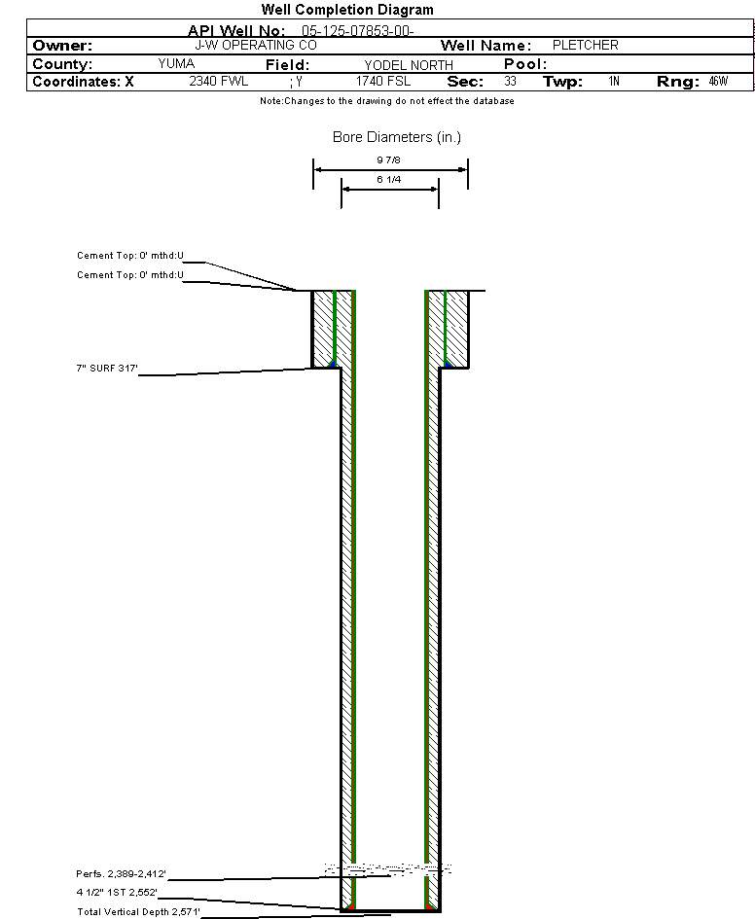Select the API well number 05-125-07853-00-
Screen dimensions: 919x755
[x=358, y=30]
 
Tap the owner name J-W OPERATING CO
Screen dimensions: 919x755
[x=255, y=46]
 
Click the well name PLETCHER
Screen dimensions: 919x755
[x=585, y=46]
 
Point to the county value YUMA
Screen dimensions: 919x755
[x=176, y=63]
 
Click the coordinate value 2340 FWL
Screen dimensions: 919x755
[x=219, y=82]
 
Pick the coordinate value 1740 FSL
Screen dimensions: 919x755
[x=383, y=82]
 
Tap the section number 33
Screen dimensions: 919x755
[x=511, y=82]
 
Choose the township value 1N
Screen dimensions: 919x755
[x=614, y=82]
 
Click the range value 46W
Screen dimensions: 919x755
[x=717, y=82]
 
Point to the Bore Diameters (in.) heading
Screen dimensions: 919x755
[x=397, y=137]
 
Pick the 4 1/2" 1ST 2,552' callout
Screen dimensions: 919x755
[x=117, y=892]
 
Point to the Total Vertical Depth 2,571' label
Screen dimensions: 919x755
[x=138, y=911]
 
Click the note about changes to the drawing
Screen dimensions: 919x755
[x=387, y=101]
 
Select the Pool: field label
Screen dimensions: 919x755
[x=525, y=64]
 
